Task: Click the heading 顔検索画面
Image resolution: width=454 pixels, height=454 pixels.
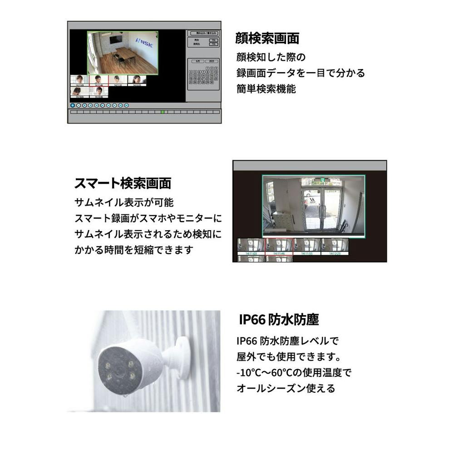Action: pyautogui.click(x=267, y=39)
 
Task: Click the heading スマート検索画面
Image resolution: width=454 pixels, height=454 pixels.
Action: pyautogui.click(x=123, y=183)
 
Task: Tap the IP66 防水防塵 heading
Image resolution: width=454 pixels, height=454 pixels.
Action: pyautogui.click(x=279, y=320)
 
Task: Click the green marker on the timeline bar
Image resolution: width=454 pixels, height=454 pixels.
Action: pyautogui.click(x=163, y=112)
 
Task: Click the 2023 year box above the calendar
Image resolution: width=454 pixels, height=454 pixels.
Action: pyautogui.click(x=211, y=61)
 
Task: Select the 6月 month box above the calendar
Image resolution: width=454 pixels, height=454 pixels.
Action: pyautogui.click(x=197, y=61)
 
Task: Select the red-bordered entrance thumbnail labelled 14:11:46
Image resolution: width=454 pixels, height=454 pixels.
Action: pyautogui.click(x=279, y=247)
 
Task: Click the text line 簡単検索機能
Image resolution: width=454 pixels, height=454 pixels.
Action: pyautogui.click(x=266, y=89)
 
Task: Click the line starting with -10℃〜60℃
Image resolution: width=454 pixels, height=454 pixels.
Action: pyautogui.click(x=294, y=373)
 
